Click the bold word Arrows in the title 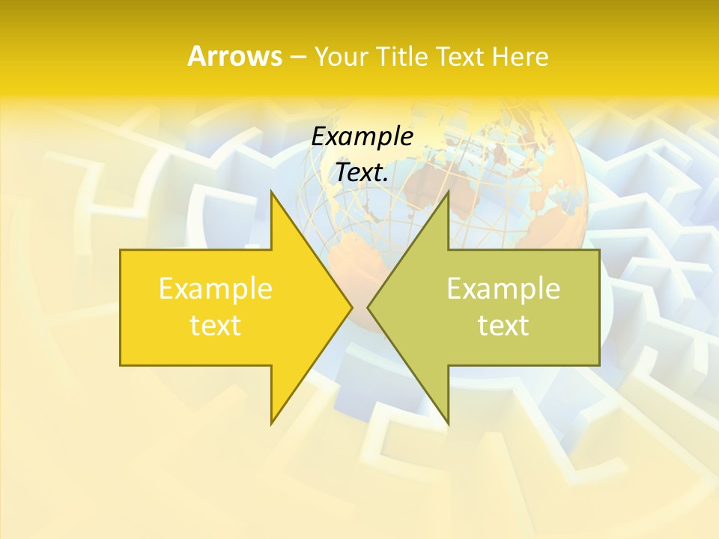tap(234, 56)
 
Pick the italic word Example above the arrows tap(362, 137)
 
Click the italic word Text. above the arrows tap(362, 173)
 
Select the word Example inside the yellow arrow tap(216, 289)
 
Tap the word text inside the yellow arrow tap(216, 325)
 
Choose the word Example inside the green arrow tap(503, 289)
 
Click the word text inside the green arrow tap(503, 325)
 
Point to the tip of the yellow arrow tap(352, 307)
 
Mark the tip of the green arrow tap(368, 307)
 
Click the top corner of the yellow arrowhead tap(271, 192)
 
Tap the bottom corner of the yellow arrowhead tap(271, 423)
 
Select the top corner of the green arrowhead tap(448, 192)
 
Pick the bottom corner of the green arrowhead tap(448, 423)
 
